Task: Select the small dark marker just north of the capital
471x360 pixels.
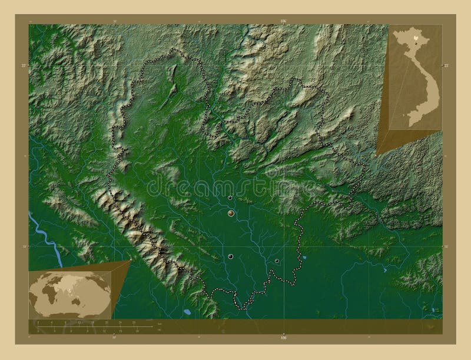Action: (230, 198)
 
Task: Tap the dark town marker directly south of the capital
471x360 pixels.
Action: (230, 256)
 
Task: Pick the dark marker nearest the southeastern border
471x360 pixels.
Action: (277, 261)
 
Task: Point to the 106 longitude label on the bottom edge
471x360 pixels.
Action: (283, 338)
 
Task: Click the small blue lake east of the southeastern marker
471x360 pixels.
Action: (304, 257)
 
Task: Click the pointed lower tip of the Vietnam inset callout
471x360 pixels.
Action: (377, 155)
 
